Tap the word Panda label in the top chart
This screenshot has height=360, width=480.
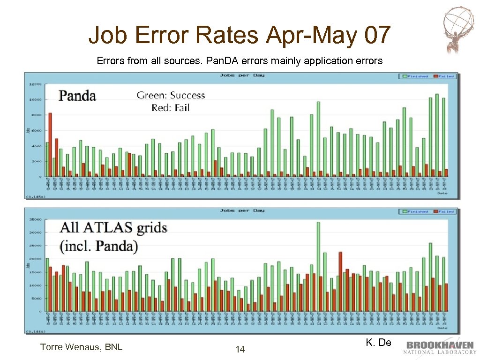tap(77, 96)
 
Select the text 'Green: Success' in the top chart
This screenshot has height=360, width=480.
tap(171, 96)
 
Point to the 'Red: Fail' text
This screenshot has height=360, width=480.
tap(170, 108)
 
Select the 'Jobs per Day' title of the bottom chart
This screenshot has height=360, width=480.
tap(242, 210)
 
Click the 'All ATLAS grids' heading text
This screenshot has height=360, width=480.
tap(113, 229)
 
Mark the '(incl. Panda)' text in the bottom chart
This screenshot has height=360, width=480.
tap(99, 247)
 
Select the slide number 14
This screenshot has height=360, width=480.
tap(240, 349)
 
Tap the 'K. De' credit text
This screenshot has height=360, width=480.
tap(378, 343)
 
